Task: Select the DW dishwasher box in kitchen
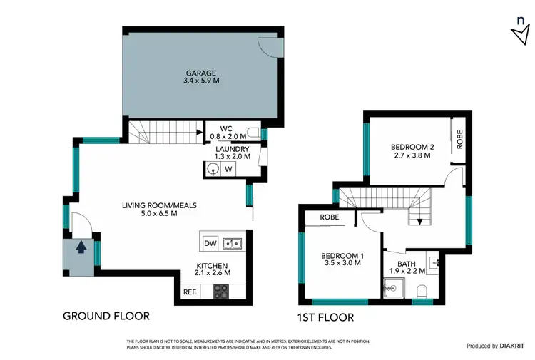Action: [x=210, y=243]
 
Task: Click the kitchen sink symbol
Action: [x=233, y=244]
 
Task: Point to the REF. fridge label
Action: [x=190, y=292]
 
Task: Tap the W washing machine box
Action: [x=228, y=169]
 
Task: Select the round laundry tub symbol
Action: [x=213, y=169]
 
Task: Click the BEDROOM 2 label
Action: [x=411, y=148]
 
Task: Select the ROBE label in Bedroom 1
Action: [x=329, y=217]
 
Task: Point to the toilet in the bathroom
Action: [x=422, y=290]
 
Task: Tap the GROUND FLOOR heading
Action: [x=106, y=316]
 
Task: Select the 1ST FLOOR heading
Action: [x=326, y=317]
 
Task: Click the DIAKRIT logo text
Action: [x=513, y=346]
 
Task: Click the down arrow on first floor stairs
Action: [x=420, y=220]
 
